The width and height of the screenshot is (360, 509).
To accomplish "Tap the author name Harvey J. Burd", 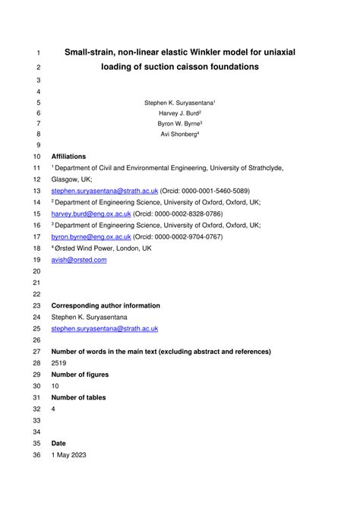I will coord(178,112).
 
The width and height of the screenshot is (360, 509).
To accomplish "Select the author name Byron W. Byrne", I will coord(178,123).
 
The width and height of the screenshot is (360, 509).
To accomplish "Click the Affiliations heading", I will coord(68,156).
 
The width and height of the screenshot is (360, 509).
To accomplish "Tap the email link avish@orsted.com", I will coord(79,260).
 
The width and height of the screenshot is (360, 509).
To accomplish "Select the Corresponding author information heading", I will coord(106,305).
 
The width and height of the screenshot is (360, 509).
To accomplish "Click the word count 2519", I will coord(59,363).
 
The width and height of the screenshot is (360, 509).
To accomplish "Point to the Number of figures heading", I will coord(80,375).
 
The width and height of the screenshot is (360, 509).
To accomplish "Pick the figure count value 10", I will coord(55,386).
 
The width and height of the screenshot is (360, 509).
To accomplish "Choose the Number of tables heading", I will coord(78,397).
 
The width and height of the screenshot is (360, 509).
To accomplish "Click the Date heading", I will coord(58,443).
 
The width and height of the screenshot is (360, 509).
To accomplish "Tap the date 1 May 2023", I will coord(69,454).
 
